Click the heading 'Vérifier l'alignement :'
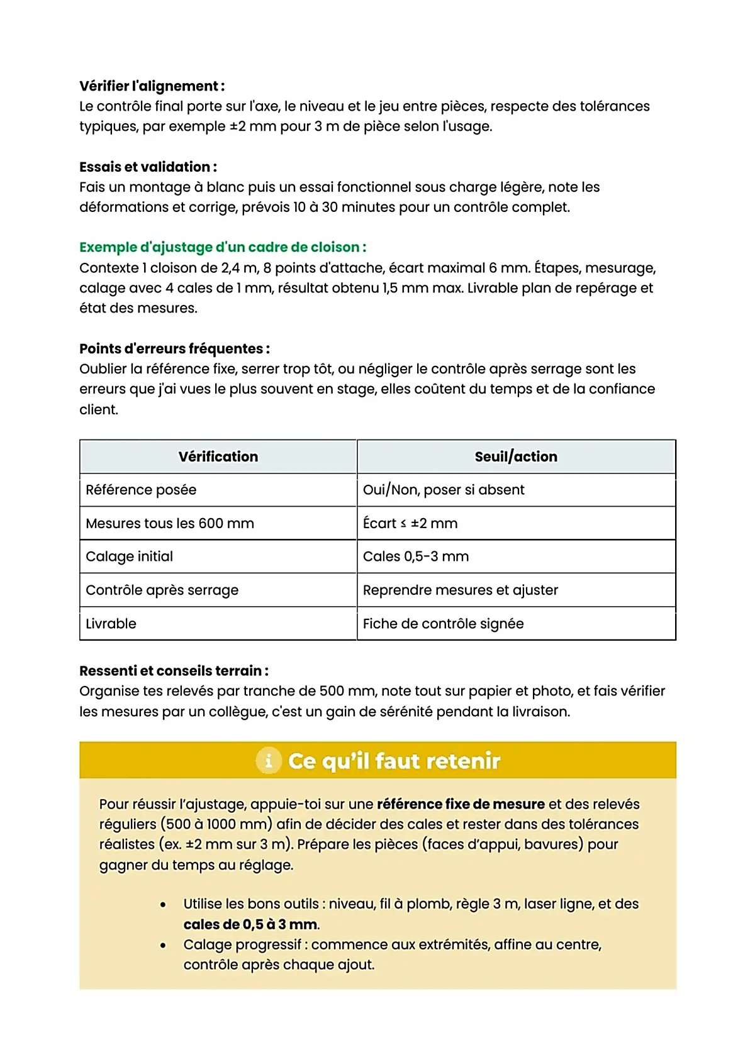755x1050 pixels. click(x=152, y=86)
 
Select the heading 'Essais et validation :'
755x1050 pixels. click(x=148, y=167)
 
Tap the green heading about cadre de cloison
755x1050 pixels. click(x=223, y=247)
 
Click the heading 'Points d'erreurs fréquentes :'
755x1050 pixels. click(x=174, y=348)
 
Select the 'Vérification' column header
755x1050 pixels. click(x=218, y=456)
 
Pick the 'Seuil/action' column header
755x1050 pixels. click(x=516, y=456)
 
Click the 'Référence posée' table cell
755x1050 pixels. click(x=141, y=490)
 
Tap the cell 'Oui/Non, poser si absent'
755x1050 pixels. click(x=444, y=490)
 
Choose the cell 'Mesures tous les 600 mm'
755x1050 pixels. click(x=170, y=523)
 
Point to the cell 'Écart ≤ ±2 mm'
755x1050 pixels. click(x=410, y=523)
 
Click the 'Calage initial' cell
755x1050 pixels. click(x=129, y=556)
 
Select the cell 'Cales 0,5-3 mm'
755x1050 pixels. click(x=416, y=556)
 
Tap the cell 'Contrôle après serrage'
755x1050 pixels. click(x=162, y=590)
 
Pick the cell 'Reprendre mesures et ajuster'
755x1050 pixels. click(x=461, y=590)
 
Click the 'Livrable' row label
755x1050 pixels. click(x=111, y=624)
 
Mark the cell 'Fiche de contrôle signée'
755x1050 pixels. click(x=443, y=624)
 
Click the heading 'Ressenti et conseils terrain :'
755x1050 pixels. click(x=174, y=671)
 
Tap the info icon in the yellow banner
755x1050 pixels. click(x=269, y=761)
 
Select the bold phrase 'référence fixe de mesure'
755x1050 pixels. click(x=461, y=804)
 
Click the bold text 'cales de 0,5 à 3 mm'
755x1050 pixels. click(x=251, y=924)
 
